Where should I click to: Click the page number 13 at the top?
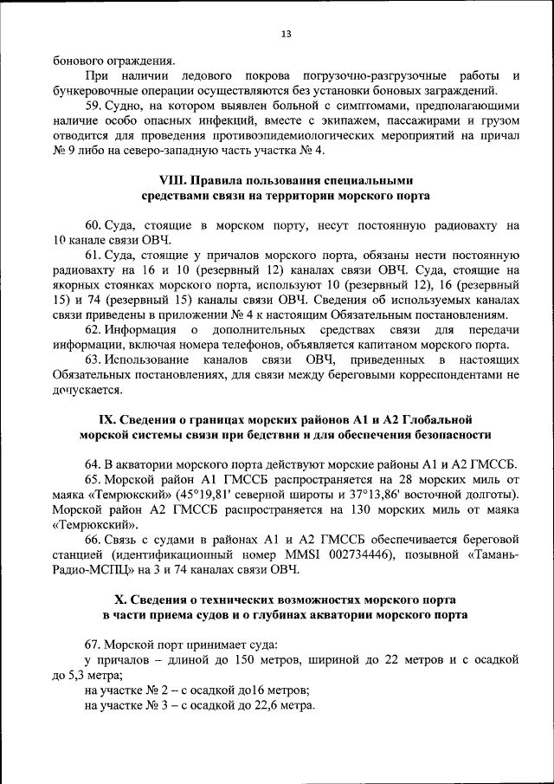tap(286, 35)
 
